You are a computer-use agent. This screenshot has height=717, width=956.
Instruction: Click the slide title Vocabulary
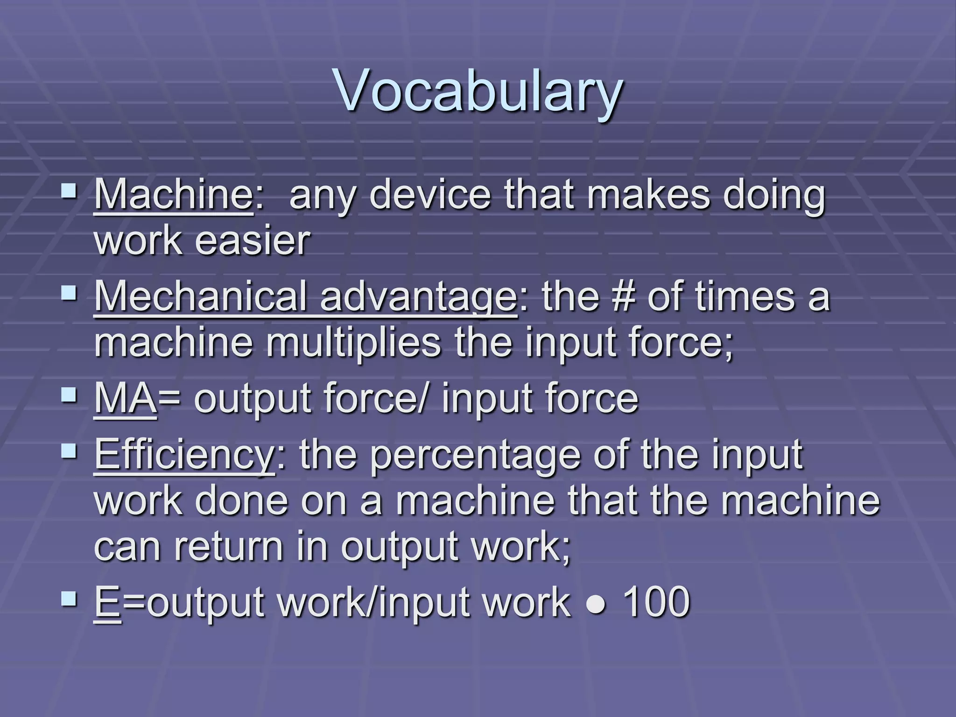(x=478, y=91)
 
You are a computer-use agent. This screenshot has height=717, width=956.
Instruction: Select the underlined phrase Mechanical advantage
(x=305, y=297)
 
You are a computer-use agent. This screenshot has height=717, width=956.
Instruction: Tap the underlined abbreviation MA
(x=125, y=398)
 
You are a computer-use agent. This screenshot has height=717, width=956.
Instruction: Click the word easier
(x=252, y=241)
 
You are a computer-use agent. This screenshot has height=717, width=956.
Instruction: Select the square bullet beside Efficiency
(x=70, y=451)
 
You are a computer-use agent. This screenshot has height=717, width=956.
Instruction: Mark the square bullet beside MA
(x=70, y=394)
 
